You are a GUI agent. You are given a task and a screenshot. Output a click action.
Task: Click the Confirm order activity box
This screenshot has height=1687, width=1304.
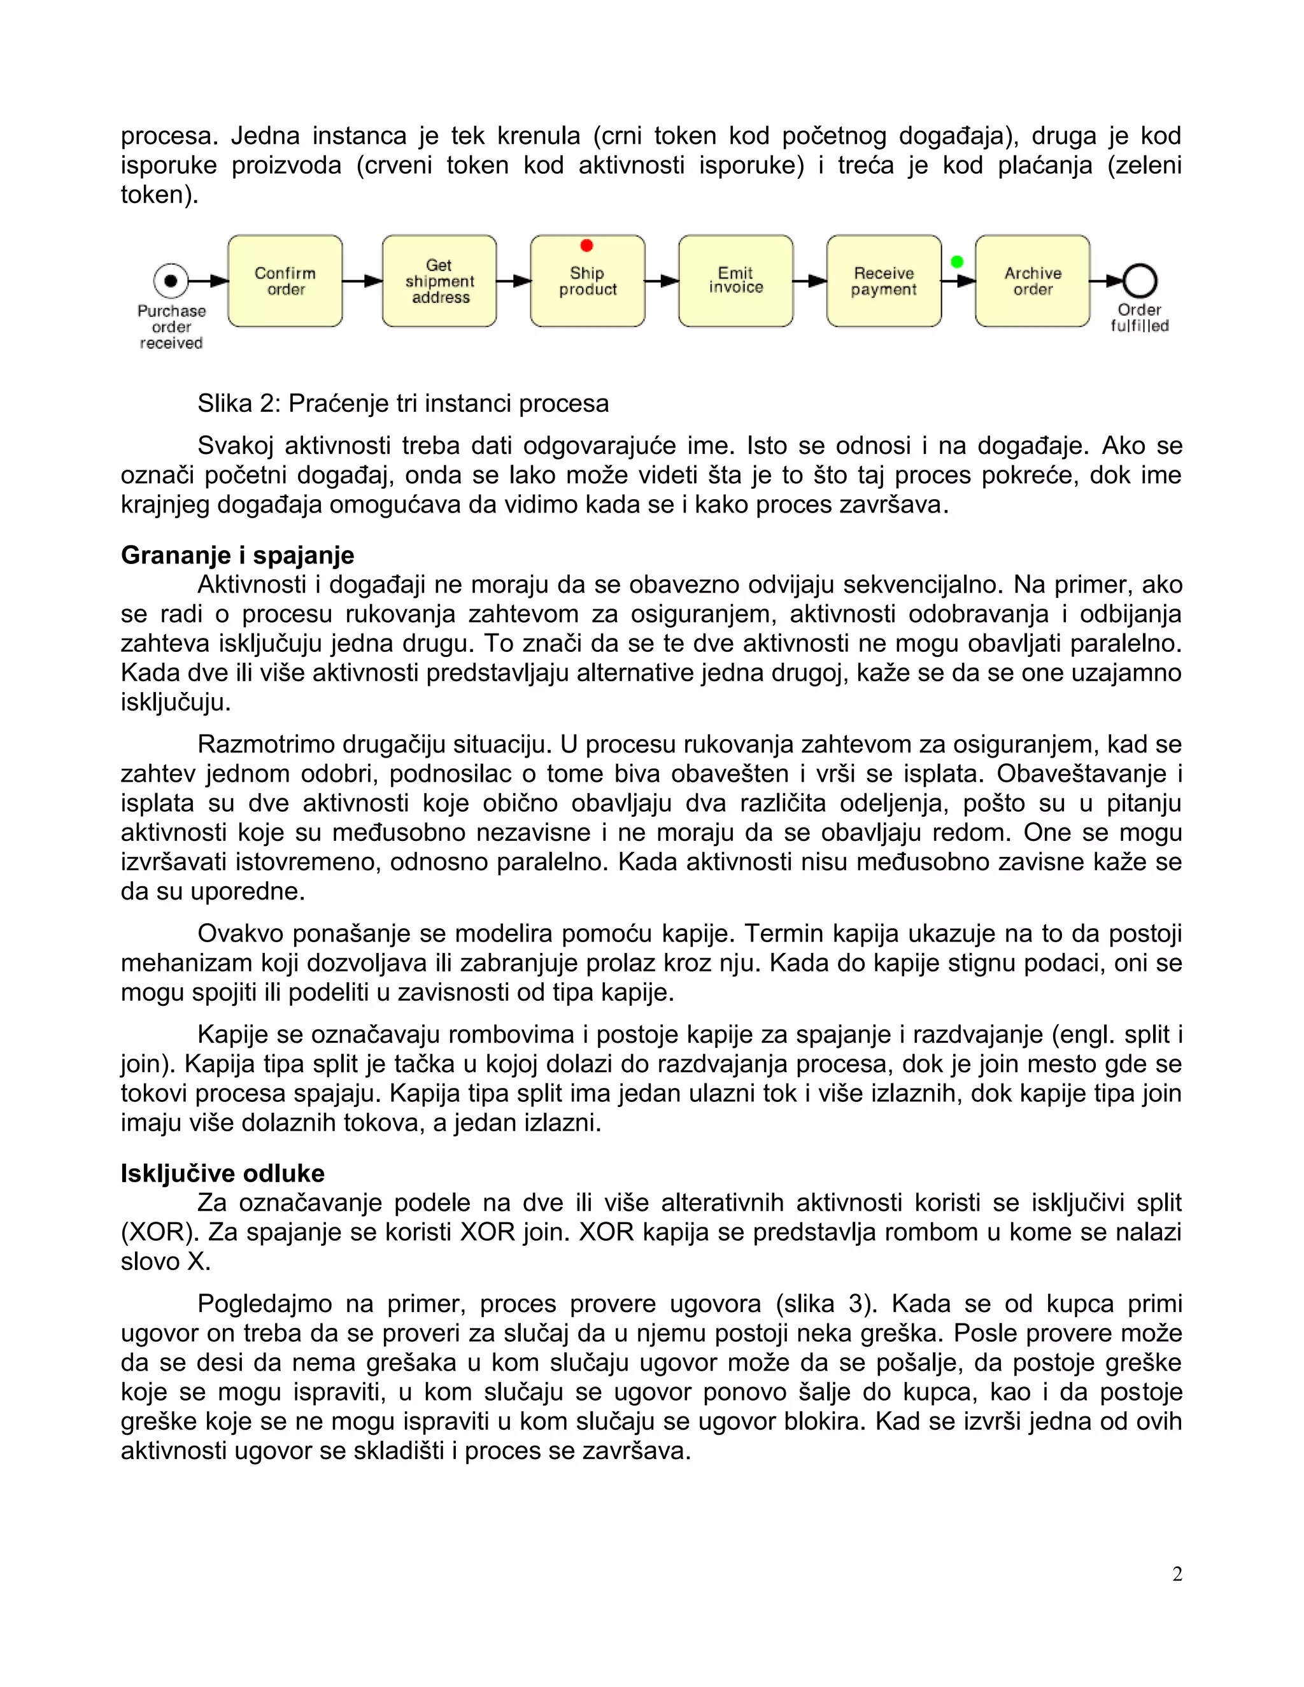point(285,281)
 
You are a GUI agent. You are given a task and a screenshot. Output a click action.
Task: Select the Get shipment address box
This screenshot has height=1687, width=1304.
point(439,281)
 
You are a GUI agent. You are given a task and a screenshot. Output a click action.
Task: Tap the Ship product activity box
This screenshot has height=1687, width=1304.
point(587,281)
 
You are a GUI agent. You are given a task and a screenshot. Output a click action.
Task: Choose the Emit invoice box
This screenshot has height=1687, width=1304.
point(735,281)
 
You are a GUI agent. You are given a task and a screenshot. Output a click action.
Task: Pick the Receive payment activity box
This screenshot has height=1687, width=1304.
point(884,281)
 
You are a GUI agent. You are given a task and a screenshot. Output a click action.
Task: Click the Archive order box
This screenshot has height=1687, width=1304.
point(1032,281)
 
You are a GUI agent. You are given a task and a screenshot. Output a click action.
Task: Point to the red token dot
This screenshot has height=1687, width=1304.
point(586,246)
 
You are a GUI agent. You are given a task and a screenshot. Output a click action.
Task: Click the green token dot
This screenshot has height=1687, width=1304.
point(957,262)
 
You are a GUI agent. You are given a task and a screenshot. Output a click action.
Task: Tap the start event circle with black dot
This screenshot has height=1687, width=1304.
point(171,280)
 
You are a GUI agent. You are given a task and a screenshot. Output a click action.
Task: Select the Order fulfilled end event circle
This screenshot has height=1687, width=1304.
point(1140,281)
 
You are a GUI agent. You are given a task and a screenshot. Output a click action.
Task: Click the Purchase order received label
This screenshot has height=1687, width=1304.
point(171,327)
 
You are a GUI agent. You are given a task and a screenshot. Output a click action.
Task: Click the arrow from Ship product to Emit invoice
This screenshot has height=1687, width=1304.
point(662,281)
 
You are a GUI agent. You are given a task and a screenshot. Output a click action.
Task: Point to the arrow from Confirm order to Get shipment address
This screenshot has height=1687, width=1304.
point(362,281)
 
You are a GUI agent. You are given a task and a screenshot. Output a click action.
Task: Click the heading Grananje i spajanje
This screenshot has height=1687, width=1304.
point(237,555)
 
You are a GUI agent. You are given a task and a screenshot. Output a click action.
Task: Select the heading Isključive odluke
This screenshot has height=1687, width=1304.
point(222,1173)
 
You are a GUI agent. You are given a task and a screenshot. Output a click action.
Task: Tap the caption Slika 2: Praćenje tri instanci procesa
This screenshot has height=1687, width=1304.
point(402,403)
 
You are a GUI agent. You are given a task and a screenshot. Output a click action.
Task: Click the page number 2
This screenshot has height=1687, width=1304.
point(1177,1574)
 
